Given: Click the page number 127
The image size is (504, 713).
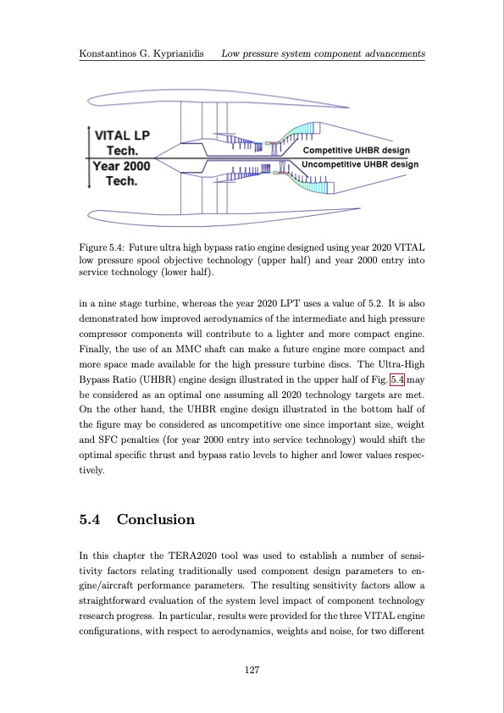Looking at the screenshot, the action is click(x=252, y=669).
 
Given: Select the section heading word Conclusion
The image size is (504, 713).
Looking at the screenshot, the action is click(x=156, y=519).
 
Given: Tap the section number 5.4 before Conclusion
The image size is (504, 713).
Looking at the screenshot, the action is click(x=90, y=519).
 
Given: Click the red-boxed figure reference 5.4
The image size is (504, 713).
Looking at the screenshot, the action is click(x=397, y=379).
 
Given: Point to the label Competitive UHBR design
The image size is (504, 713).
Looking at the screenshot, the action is click(x=356, y=150).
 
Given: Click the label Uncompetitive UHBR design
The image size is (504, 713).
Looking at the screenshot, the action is click(x=360, y=164).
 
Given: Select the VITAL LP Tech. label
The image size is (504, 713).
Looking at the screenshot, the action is click(x=122, y=143).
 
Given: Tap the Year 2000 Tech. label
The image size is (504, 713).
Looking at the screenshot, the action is click(x=121, y=174).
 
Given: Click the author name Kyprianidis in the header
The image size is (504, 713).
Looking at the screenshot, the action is click(x=179, y=53).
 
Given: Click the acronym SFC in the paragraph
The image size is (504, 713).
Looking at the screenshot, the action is click(x=107, y=439).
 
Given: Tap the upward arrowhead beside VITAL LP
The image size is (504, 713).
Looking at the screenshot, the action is click(x=89, y=130).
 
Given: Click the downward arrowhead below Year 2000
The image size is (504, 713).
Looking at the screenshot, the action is click(x=89, y=185).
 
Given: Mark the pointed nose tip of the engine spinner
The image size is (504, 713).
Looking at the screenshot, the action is click(x=155, y=158).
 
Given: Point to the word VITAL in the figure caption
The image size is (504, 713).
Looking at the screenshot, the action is click(x=409, y=248).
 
